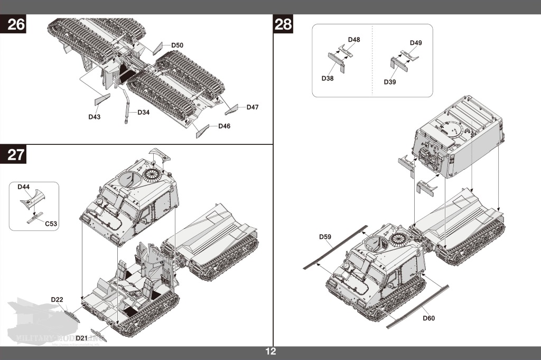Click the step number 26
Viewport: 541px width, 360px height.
16,24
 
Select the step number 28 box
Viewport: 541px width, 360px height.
283,24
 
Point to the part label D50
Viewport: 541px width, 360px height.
177,45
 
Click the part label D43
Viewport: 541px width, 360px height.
95,116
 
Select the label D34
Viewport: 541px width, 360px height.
144,112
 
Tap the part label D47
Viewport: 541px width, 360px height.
253,107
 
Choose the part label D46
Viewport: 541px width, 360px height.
224,126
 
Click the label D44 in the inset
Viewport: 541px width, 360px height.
24,187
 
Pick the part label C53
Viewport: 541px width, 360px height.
51,224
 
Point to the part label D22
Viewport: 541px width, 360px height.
57,300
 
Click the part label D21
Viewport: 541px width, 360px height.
81,338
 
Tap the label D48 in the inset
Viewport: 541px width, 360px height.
354,40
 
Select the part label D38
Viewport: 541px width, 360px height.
328,78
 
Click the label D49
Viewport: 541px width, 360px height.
416,42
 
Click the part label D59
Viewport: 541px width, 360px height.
325,236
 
